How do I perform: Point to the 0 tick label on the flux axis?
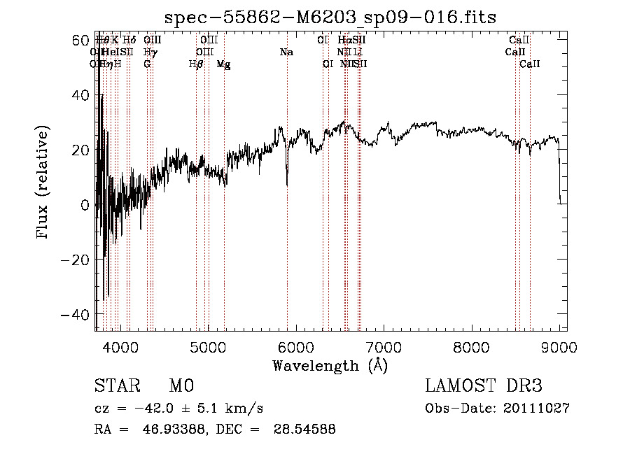(84, 205)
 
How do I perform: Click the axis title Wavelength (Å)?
(330, 365)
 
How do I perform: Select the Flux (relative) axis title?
(43, 183)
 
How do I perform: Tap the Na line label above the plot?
(286, 52)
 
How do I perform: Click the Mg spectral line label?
(223, 64)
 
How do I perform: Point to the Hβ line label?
(196, 64)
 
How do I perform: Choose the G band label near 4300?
(147, 64)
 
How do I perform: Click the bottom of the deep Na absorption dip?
(287, 185)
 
